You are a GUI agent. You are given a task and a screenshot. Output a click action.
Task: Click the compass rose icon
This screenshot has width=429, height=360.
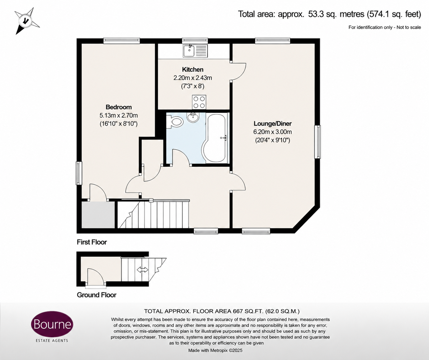pyautogui.click(x=27, y=21)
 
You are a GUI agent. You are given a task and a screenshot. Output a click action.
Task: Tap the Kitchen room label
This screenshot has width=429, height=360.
pyautogui.click(x=193, y=70)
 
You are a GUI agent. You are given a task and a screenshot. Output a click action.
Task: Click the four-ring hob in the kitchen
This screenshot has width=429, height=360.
pyautogui.click(x=199, y=102)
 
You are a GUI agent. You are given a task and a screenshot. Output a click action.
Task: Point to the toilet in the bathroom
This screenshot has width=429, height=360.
pyautogui.click(x=175, y=122)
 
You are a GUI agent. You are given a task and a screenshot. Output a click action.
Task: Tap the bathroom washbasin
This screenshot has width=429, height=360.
pyautogui.click(x=193, y=117)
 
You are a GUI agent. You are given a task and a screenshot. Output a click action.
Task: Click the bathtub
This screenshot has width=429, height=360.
pyautogui.click(x=215, y=138)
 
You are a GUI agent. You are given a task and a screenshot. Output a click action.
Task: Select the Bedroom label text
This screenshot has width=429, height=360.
pyautogui.click(x=118, y=107)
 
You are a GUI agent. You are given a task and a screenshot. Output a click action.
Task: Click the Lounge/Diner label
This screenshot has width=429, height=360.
pyautogui.click(x=273, y=123)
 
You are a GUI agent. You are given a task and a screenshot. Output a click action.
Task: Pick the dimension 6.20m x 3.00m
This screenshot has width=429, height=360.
pyautogui.click(x=273, y=132)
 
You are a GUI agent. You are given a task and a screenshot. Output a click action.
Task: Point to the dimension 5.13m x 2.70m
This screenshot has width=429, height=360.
pyautogui.click(x=118, y=116)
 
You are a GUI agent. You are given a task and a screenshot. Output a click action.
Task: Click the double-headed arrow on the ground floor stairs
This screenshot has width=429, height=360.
pyautogui.click(x=143, y=269)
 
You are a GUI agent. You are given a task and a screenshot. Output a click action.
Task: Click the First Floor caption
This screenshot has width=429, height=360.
pyautogui.click(x=92, y=242)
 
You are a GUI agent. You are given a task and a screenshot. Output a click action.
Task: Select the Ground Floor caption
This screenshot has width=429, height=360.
pyautogui.click(x=97, y=295)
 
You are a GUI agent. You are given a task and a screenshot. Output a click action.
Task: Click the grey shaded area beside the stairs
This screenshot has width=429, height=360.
pyautogui.click(x=98, y=215)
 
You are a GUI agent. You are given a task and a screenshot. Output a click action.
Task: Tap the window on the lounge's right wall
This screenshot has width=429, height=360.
pyautogui.click(x=317, y=142)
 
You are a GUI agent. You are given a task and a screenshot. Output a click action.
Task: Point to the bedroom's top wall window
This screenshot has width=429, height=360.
pyautogui.click(x=121, y=41)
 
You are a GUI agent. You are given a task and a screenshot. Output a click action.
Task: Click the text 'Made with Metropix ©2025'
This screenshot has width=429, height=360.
pyautogui.click(x=215, y=350)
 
